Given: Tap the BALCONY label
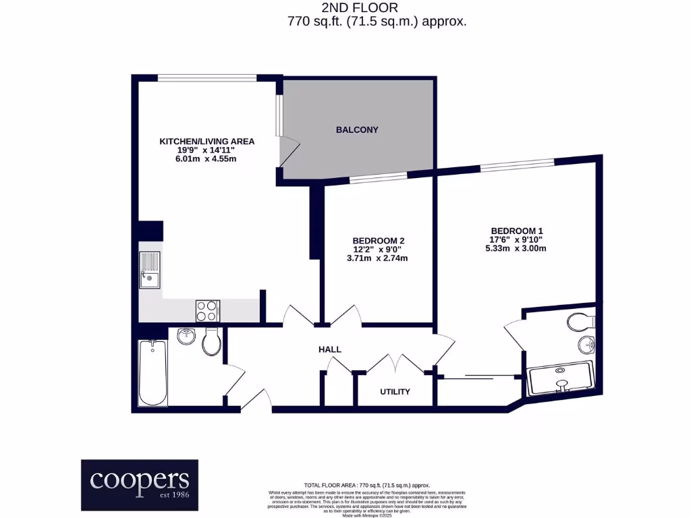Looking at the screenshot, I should [x=357, y=129].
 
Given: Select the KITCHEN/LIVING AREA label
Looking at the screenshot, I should [x=206, y=141].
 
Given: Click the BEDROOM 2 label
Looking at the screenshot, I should [x=378, y=241].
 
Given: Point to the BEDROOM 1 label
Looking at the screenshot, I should [x=516, y=230].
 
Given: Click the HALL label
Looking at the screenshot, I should [x=330, y=349].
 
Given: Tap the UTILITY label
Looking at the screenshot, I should [x=395, y=391].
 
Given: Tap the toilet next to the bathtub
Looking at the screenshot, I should [x=211, y=342].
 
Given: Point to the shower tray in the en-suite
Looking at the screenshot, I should [x=561, y=378].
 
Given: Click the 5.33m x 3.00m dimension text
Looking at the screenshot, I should [x=516, y=248].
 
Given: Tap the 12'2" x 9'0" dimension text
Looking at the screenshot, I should [x=378, y=250].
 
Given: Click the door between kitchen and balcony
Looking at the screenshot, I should [x=288, y=151].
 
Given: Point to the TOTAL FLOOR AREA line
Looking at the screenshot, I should [x=366, y=485].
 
